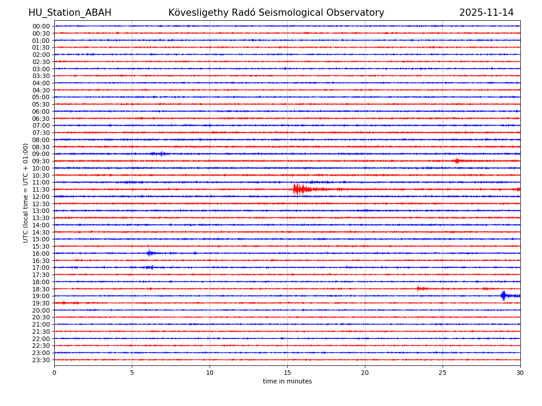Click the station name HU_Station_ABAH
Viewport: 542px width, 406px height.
(70, 13)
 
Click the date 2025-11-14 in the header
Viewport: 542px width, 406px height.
(486, 13)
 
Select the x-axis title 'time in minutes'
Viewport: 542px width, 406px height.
(287, 382)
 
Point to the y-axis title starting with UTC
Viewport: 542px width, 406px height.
(26, 193)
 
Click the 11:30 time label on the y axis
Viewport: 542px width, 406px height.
(41, 189)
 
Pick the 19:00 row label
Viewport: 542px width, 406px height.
(41, 296)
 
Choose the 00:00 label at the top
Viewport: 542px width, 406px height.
(41, 26)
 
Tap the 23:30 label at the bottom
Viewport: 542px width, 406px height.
(41, 360)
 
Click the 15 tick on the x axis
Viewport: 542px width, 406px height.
(287, 373)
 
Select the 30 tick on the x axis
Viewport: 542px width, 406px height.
(520, 373)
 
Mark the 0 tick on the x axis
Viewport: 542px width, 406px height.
(54, 373)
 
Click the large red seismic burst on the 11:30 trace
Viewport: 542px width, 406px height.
(297, 189)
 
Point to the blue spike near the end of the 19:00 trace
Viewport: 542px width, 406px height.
(503, 296)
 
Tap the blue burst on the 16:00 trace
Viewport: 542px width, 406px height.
(150, 253)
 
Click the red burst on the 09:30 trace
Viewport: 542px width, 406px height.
(457, 161)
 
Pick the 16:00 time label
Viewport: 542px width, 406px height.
(41, 254)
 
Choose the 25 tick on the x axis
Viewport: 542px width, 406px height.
(443, 373)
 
